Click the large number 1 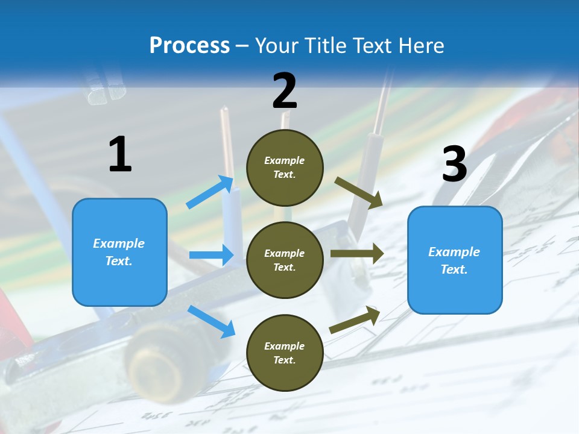120,154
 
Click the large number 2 285,91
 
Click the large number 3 454,164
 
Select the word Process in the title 189,45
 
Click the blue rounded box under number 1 119,252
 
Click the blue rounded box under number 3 455,260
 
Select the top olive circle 285,168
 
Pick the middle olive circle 285,260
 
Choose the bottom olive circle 285,353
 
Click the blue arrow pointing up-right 210,192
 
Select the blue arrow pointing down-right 211,321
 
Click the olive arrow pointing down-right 359,192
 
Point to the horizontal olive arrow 356,254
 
